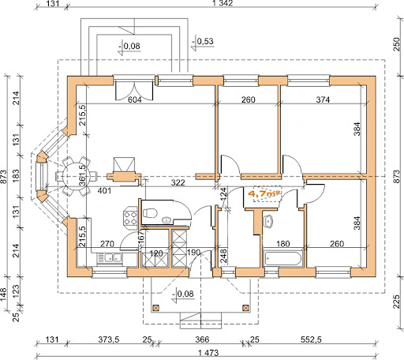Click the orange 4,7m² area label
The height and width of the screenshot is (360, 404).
click(264, 194)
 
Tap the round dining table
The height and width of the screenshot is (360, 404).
click(76, 176)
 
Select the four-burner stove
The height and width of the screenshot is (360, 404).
click(130, 216)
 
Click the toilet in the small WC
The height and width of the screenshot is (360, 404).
click(151, 213)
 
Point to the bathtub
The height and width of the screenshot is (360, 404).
click(282, 258)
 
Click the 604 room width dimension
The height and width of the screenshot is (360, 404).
click(134, 99)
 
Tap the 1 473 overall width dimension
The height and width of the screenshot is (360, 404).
click(208, 353)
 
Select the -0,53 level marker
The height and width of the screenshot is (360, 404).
click(203, 42)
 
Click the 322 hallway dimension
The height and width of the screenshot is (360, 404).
click(178, 182)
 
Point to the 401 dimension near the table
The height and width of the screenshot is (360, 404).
click(104, 191)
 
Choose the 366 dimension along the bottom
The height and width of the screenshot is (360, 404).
click(202, 339)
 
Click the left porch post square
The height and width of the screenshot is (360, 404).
click(156, 308)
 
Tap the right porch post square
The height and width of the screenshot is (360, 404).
click(245, 308)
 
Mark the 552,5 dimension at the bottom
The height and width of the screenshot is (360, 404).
click(311, 339)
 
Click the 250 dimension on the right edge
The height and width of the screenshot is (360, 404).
click(396, 44)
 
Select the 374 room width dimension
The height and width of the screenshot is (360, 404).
click(323, 99)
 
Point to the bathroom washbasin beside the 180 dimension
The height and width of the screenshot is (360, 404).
click(268, 220)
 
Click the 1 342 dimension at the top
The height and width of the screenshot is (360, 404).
click(223, 3)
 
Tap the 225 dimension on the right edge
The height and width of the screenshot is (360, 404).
click(396, 302)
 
